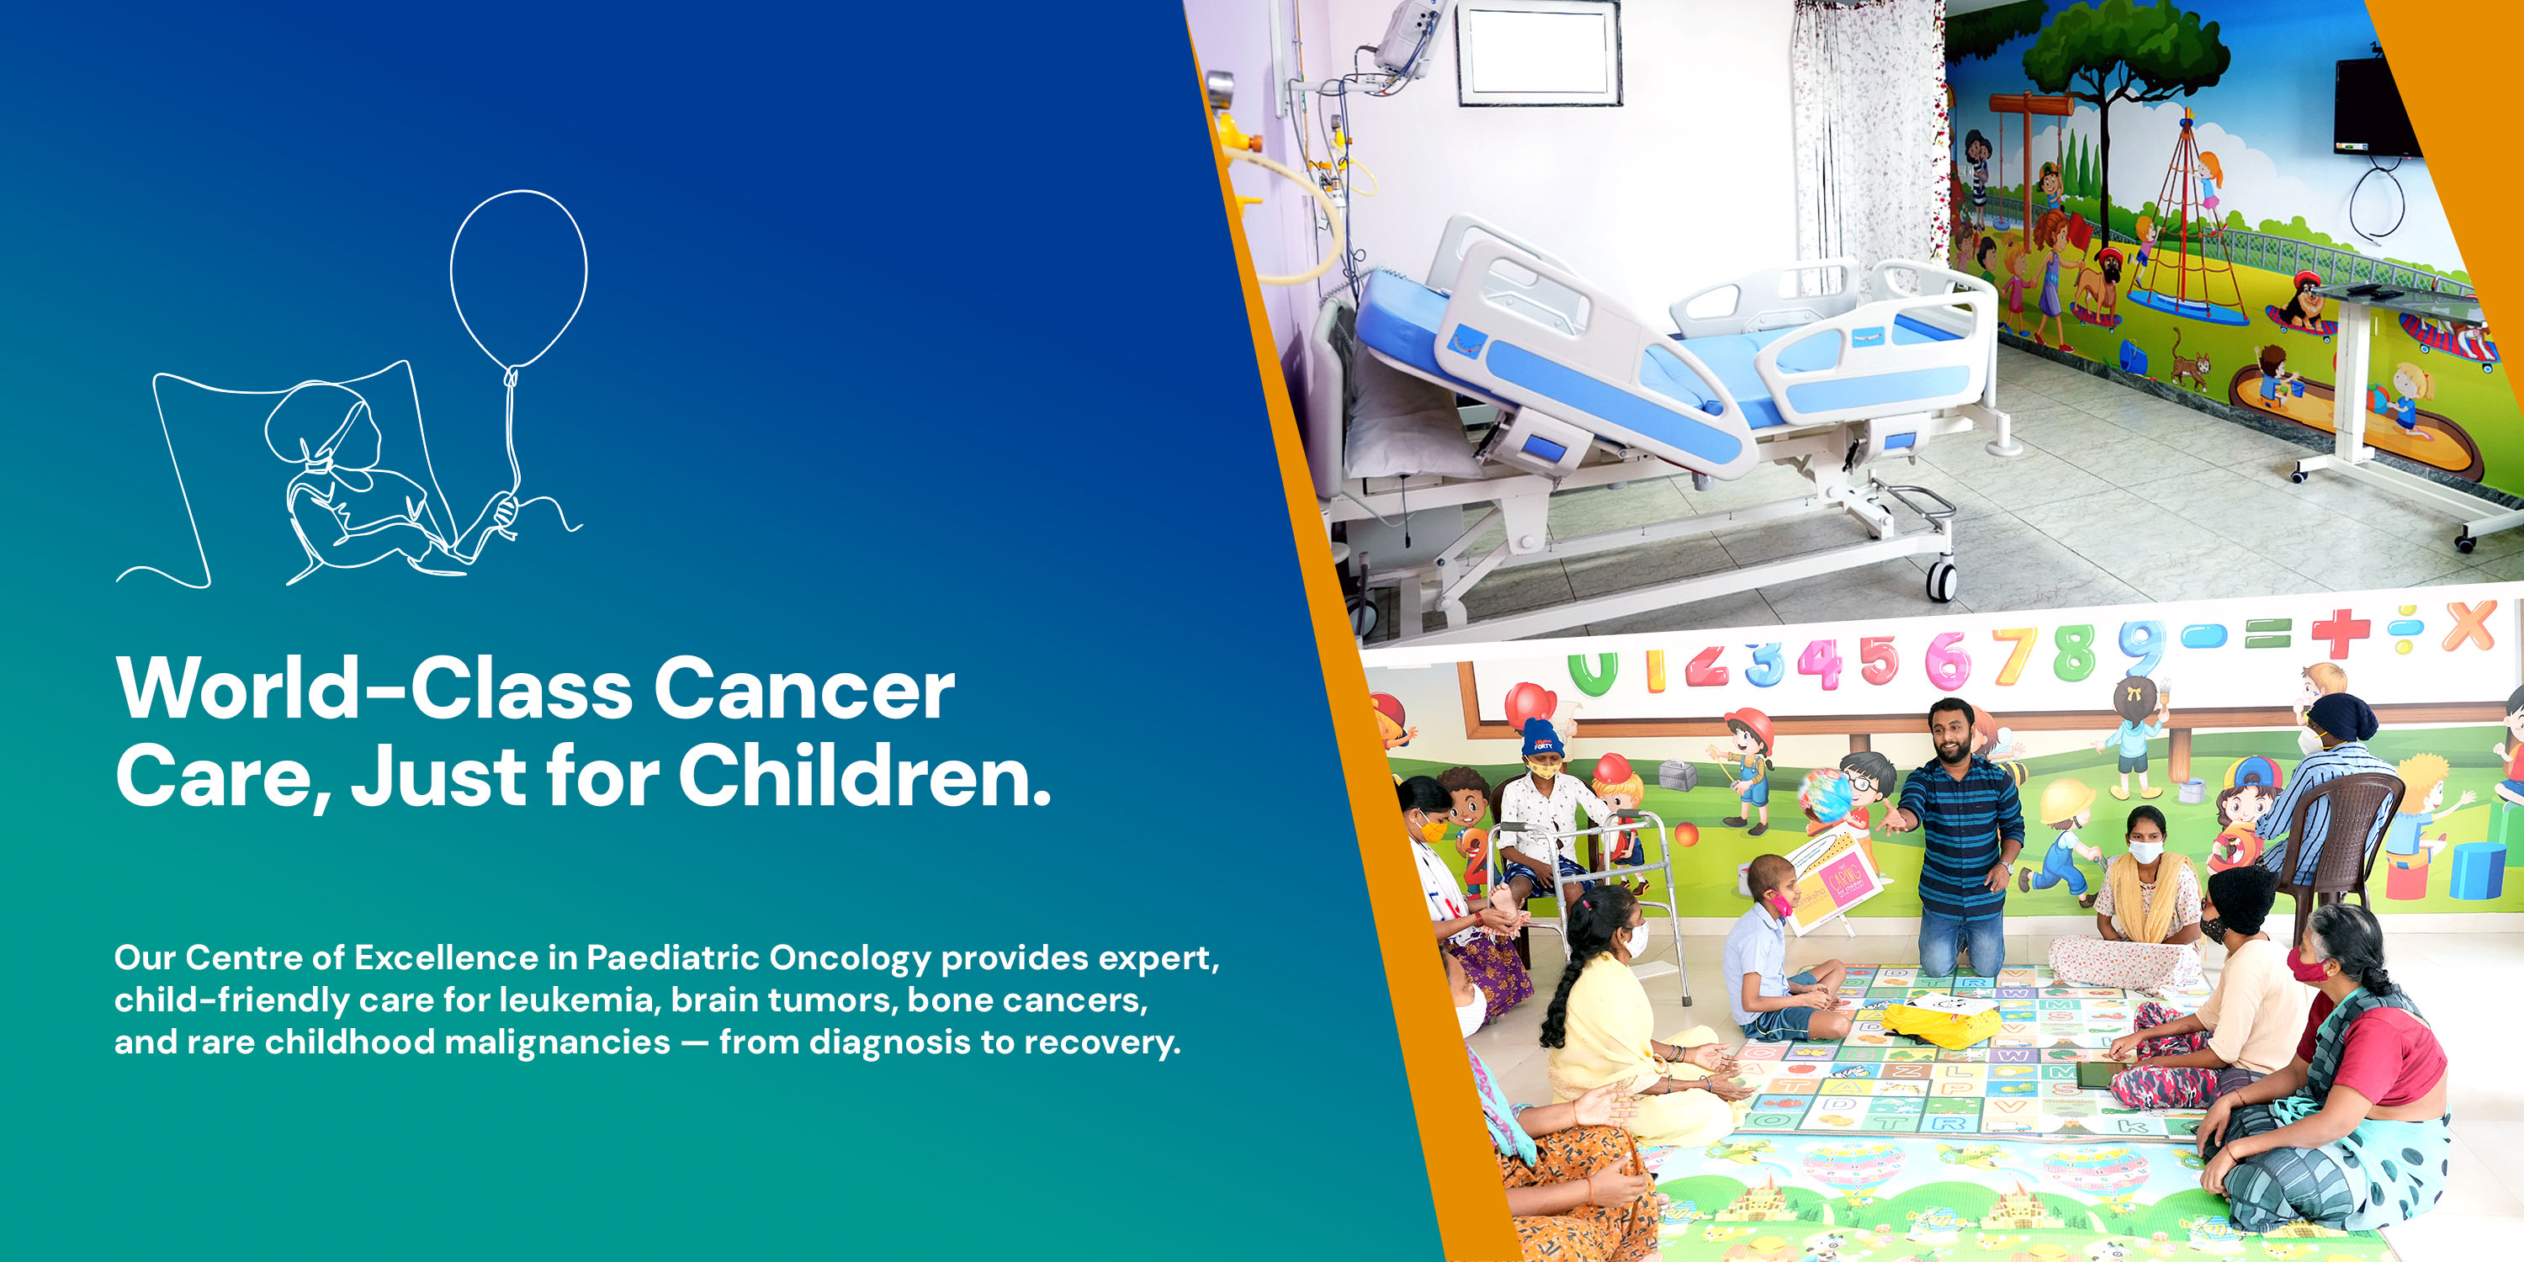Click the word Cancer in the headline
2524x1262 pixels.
803,689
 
